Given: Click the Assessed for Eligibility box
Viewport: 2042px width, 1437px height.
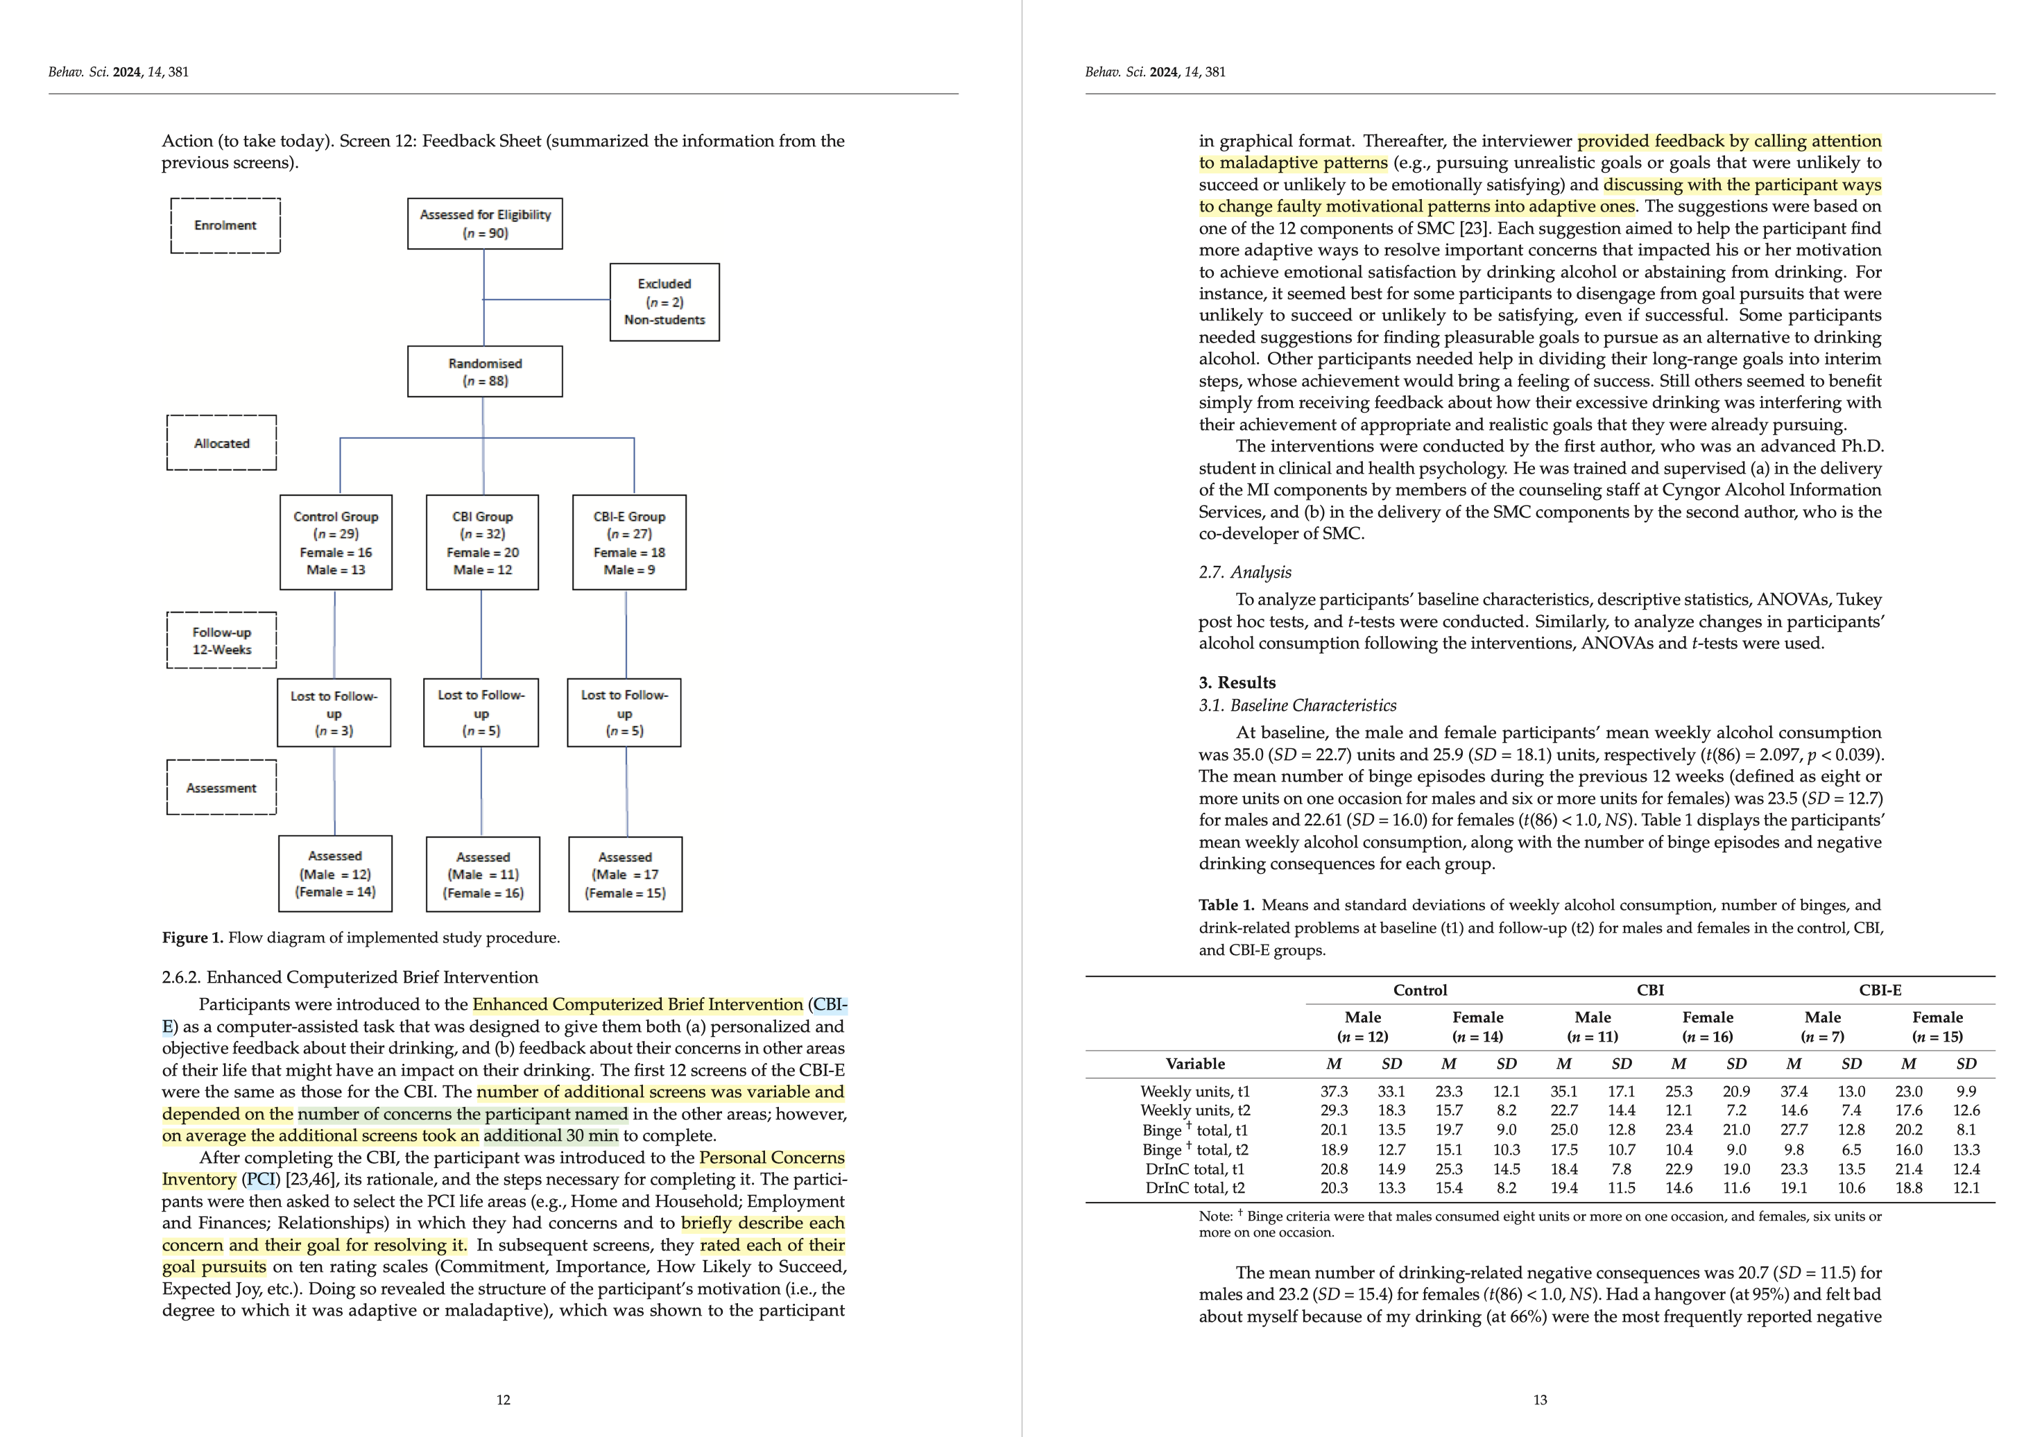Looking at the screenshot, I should (485, 223).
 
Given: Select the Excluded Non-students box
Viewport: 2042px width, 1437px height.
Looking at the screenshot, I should (664, 302).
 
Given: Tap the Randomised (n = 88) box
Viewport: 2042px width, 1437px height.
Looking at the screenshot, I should (485, 372).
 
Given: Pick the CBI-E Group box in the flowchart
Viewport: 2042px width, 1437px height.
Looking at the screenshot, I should (629, 542).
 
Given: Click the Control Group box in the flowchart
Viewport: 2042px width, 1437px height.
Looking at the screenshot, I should (335, 542).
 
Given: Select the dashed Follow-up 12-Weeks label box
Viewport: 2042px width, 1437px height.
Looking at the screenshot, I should (221, 640).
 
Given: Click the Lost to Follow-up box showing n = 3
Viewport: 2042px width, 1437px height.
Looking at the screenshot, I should (334, 712).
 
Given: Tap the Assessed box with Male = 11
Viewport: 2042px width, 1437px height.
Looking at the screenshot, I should (483, 874).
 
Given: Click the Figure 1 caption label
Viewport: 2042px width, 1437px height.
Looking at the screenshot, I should (192, 937).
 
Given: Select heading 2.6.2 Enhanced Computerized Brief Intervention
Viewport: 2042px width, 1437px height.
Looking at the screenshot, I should (350, 977).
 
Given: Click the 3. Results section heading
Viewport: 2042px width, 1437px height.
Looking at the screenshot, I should (1237, 682).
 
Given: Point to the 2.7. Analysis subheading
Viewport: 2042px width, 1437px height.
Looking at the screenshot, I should (1244, 571).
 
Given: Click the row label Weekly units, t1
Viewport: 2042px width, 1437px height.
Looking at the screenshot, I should (1194, 1091).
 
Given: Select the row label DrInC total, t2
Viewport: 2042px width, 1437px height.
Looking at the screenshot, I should (1194, 1187).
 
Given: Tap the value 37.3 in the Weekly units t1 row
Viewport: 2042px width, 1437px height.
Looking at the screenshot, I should (1333, 1091).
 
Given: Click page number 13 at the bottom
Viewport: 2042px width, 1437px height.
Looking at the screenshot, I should (1540, 1400).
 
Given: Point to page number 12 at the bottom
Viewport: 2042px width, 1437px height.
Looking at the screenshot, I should (504, 1400).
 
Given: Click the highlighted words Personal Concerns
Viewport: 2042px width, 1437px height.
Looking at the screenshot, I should (771, 1158).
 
